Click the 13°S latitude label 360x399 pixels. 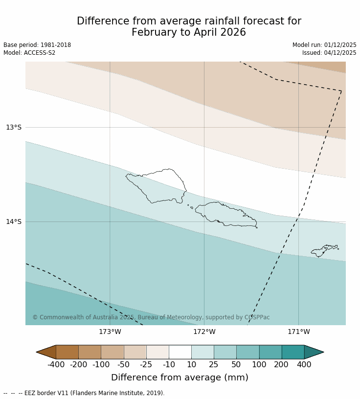click(x=14, y=128)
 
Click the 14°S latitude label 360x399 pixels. click(x=14, y=222)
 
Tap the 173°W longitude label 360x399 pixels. click(x=110, y=332)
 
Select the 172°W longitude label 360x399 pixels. click(x=204, y=332)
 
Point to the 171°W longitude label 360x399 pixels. click(x=298, y=332)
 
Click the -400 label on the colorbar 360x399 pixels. click(x=56, y=364)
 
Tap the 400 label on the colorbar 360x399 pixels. click(x=304, y=364)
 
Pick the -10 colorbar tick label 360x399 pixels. click(x=169, y=364)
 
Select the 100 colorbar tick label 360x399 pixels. click(x=259, y=364)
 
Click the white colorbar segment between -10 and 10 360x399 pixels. click(x=180, y=352)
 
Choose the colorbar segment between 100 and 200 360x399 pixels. click(x=270, y=352)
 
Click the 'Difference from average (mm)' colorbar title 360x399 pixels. click(x=180, y=377)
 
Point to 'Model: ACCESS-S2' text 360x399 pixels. click(x=29, y=53)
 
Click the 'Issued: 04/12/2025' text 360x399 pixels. click(x=329, y=53)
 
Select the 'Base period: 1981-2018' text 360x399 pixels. click(x=37, y=45)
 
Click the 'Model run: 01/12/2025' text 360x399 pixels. click(x=324, y=45)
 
